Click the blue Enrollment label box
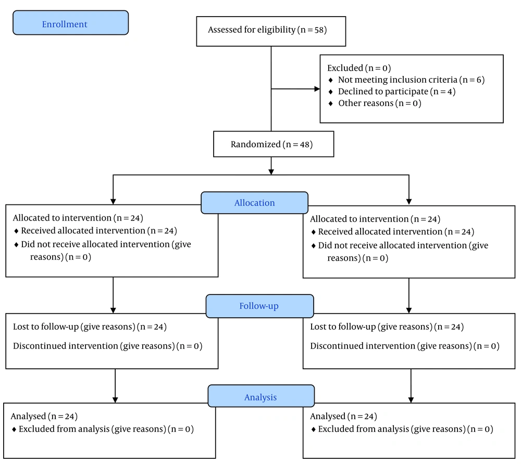coord(70,22)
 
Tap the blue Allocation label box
coord(255,203)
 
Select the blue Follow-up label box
coord(259,306)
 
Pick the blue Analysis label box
coord(261,396)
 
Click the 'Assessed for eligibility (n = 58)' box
coord(271,31)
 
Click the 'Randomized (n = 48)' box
coord(274,144)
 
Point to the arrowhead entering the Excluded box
coord(317,89)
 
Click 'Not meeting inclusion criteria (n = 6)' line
coord(412,80)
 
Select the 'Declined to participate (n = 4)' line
coord(396,92)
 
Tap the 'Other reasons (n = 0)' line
coord(380,103)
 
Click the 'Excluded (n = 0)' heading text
coord(359,68)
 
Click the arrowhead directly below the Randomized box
coord(271,172)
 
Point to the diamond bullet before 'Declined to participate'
coord(330,92)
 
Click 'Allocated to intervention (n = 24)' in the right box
coord(375,219)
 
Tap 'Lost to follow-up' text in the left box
coord(46,327)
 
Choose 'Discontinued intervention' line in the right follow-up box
coord(405,346)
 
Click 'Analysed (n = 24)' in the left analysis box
coord(44,416)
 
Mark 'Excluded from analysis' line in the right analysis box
coord(406,429)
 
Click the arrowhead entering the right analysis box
coord(411,400)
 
